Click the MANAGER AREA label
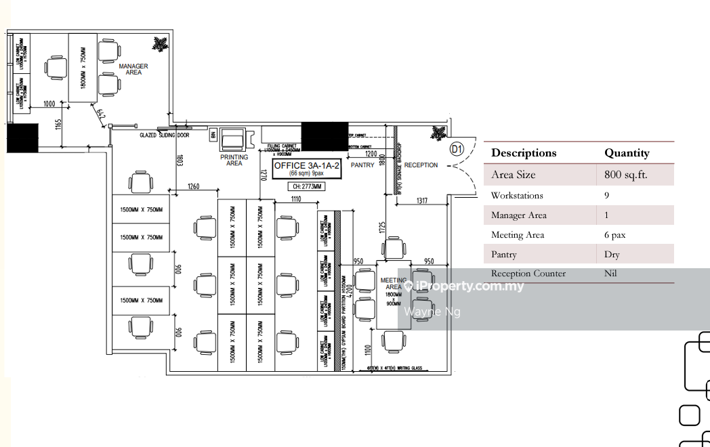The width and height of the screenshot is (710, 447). point(133,69)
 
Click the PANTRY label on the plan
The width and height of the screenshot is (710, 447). point(362,165)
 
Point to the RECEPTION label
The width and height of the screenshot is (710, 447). point(421,165)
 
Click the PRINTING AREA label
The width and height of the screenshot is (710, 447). point(234,161)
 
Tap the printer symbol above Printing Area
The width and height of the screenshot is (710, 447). point(233,140)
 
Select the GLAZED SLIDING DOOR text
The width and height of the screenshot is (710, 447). point(165,135)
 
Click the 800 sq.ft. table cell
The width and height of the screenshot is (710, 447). point(626,175)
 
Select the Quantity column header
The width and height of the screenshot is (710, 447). point(627,153)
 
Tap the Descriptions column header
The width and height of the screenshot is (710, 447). point(524,153)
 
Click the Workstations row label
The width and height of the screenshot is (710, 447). point(517,196)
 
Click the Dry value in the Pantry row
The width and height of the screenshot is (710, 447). point(612,255)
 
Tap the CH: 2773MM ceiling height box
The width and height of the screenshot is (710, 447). point(307,187)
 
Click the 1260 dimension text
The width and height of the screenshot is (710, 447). point(194,187)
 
